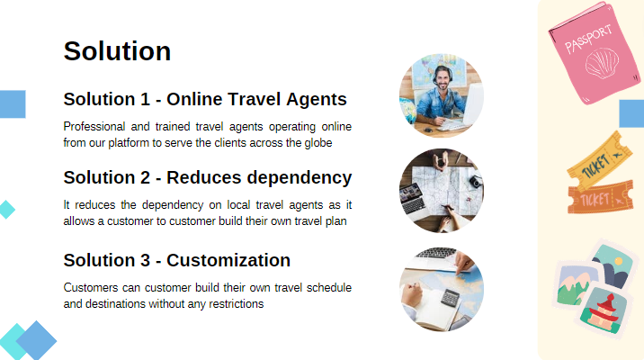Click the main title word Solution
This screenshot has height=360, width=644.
[117, 51]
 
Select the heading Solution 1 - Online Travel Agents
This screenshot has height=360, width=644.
[205, 99]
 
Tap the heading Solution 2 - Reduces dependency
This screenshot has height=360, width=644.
[207, 177]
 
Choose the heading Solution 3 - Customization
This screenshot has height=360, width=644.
[176, 260]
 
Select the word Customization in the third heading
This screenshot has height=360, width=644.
[228, 260]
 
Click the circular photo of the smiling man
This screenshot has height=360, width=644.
[441, 94]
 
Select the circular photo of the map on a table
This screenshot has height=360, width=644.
[441, 191]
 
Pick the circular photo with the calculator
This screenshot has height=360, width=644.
[441, 290]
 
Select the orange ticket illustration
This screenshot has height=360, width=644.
[599, 197]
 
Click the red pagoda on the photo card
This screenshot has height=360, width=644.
[602, 309]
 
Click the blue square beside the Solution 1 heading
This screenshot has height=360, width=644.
[12, 103]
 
